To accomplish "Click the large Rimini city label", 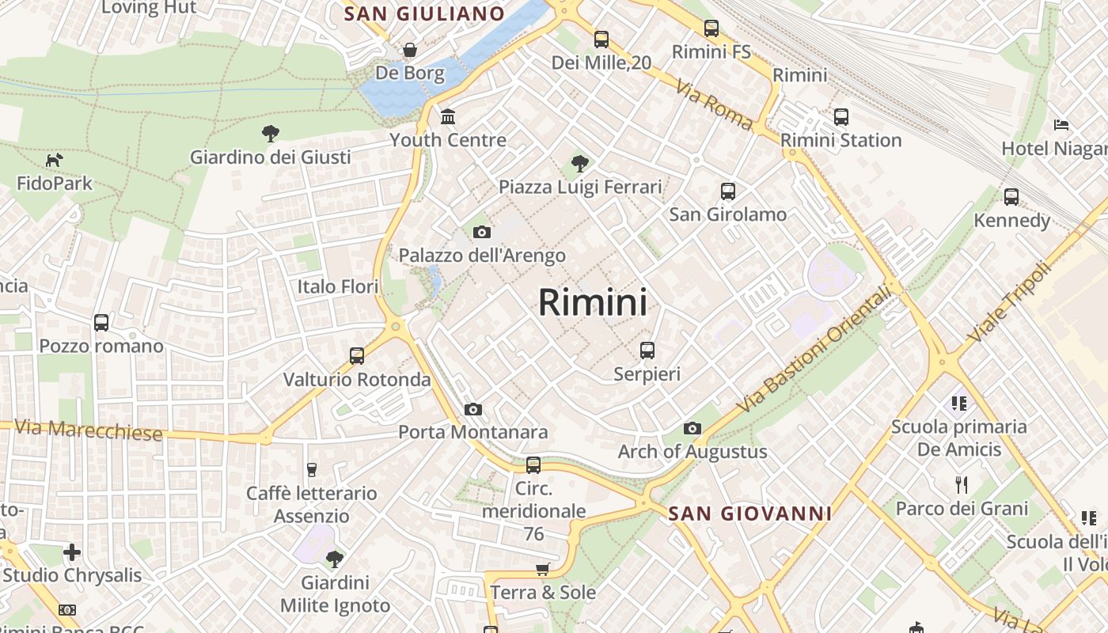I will coord(593,302).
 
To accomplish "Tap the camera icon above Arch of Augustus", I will coord(692,429).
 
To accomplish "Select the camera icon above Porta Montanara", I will coord(473,409).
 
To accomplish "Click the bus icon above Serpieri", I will coord(647,350).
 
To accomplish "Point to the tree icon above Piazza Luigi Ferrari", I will coord(580,165).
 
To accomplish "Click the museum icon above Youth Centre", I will coord(448,117).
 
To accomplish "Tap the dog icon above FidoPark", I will coord(54,161).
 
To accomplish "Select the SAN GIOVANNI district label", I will coord(749,514).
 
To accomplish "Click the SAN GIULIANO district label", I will coord(424,13).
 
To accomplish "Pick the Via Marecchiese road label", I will coord(89,430).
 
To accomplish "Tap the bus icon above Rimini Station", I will coord(841,117).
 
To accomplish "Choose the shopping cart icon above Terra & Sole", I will coord(542,570).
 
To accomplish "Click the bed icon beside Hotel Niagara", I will coord(1061,125).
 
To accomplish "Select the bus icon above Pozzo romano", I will coord(101,323).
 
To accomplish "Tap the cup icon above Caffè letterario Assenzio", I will coord(311,470).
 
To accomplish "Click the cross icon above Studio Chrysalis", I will coord(72,552).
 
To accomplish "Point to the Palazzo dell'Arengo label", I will coord(482,256).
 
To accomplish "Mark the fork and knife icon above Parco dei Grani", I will coord(962,484).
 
